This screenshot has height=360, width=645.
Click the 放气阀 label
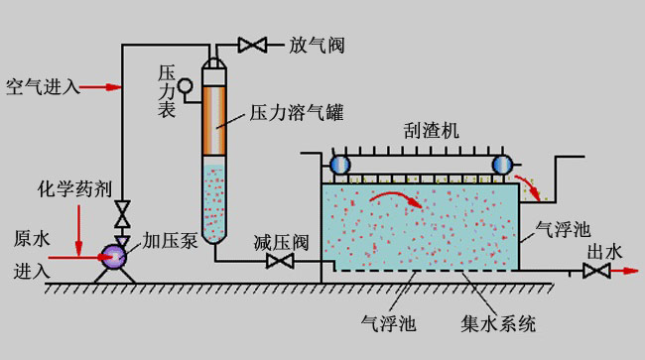tap(317, 45)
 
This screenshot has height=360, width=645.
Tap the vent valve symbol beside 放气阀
tap(252, 45)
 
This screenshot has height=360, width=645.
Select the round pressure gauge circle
tap(186, 86)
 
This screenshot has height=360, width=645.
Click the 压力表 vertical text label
tap(167, 91)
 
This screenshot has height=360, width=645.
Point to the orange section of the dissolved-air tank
tap(214, 120)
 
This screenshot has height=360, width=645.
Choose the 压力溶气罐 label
tap(296, 112)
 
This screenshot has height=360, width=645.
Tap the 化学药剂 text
tap(74, 189)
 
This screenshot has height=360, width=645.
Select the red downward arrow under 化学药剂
tap(78, 229)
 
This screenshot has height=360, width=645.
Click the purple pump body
tap(114, 257)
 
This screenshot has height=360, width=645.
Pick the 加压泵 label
tap(171, 240)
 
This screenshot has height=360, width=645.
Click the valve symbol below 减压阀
tap(280, 261)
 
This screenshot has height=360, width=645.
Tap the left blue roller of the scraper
tap(340, 165)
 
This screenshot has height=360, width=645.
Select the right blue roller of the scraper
tap(502, 165)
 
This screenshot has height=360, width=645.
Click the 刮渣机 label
tap(431, 131)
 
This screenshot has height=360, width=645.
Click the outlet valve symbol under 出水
tap(596, 271)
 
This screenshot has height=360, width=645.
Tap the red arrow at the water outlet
tap(624, 271)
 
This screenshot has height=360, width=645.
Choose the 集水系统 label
tap(498, 323)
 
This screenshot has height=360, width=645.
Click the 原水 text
tap(32, 239)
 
